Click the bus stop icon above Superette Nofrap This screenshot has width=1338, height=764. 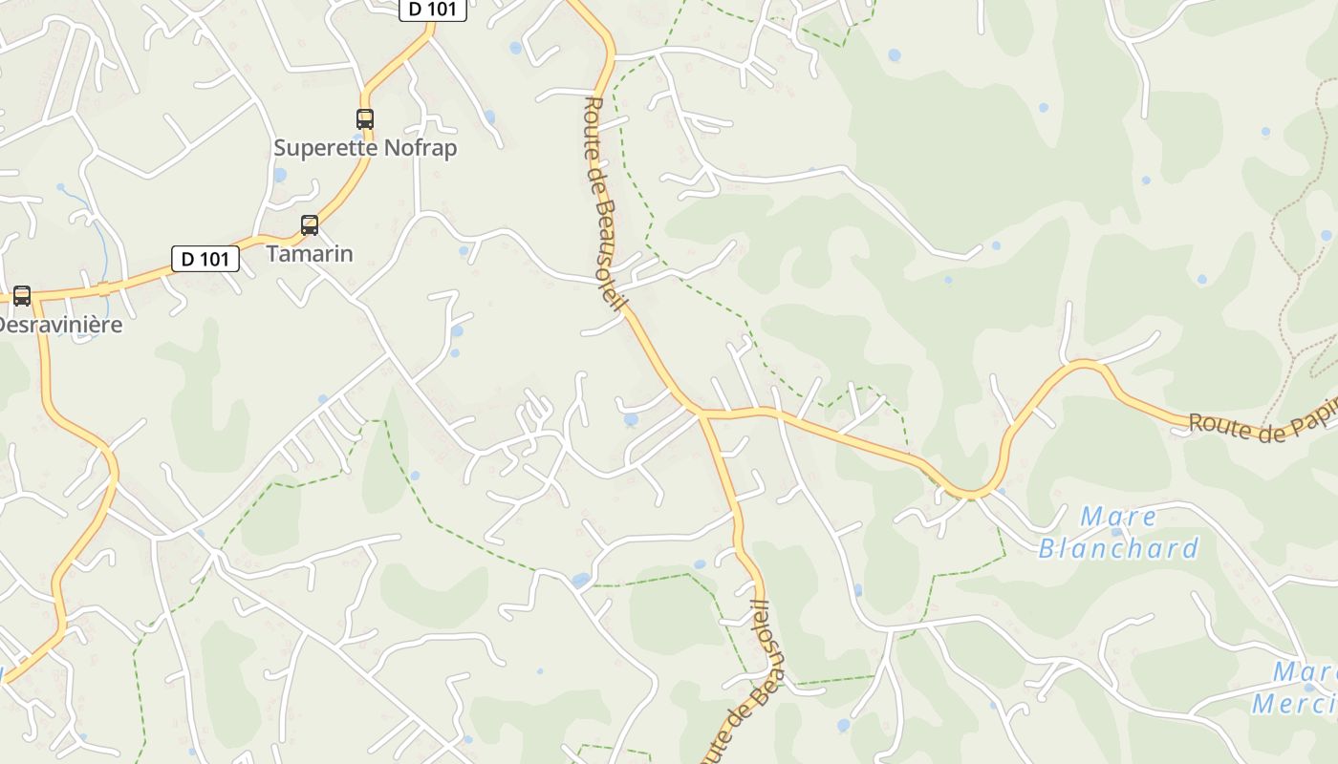(365, 119)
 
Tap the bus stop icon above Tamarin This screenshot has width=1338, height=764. (310, 225)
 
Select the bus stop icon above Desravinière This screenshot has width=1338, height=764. (22, 296)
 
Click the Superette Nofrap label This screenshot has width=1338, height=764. (365, 148)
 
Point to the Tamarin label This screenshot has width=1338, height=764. (310, 254)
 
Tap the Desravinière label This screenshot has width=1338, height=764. (59, 325)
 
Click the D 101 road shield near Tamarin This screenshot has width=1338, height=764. (205, 258)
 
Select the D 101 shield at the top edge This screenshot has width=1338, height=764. (433, 10)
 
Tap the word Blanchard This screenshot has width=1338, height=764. (1118, 548)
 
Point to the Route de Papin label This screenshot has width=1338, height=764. (1262, 427)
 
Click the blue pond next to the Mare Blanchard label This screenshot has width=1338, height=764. (1117, 532)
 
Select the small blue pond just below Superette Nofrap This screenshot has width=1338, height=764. (280, 175)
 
